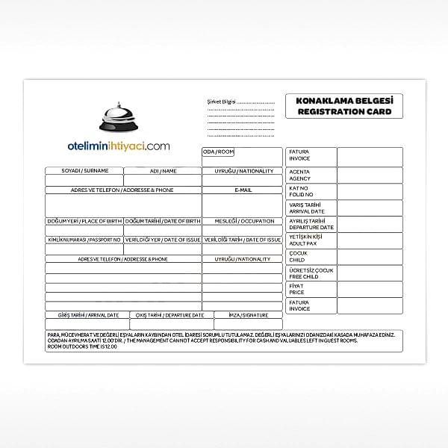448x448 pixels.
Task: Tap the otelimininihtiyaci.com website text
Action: [x=118, y=146]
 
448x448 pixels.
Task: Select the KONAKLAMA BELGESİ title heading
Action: [x=343, y=100]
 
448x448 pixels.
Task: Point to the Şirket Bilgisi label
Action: [x=221, y=101]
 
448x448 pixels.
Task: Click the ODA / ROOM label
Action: [x=218, y=152]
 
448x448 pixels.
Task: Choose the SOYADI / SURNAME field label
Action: [x=84, y=171]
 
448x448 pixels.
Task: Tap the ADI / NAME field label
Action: [x=163, y=171]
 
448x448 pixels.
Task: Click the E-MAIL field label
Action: [x=243, y=190]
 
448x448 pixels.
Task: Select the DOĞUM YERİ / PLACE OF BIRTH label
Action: [x=84, y=221]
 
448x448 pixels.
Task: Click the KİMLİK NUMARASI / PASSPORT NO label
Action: [x=84, y=240]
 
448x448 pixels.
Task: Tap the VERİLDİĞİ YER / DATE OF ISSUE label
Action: [x=163, y=240]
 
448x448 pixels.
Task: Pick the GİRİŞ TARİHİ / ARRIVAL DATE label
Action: [x=88, y=315]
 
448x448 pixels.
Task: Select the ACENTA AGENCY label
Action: [x=299, y=175]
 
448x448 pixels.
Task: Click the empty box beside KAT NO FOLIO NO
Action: [x=370, y=191]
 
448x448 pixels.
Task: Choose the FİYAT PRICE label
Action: [x=296, y=289]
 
